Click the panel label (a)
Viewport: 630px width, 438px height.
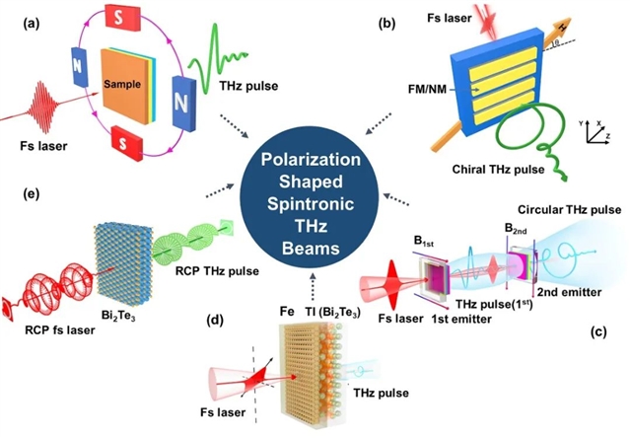(19, 22)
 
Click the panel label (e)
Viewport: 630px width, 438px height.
(19, 192)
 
